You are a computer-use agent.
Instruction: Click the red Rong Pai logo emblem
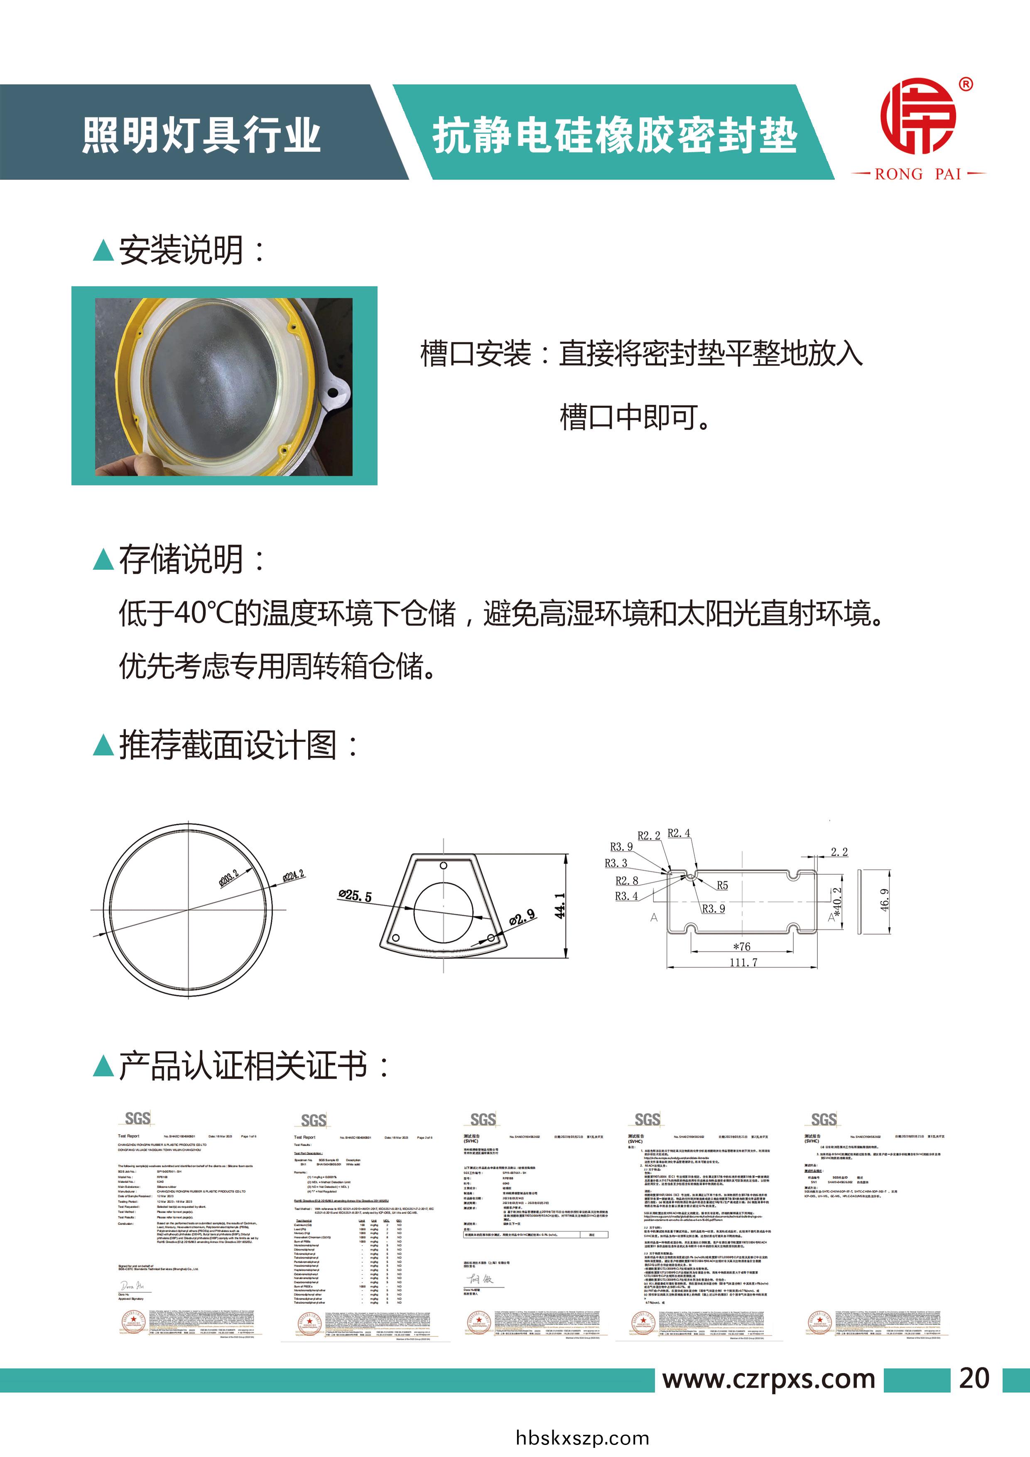(x=918, y=116)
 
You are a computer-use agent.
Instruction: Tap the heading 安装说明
(x=181, y=251)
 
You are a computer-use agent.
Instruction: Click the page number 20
(x=974, y=1379)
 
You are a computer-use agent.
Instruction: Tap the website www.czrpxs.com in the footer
(x=768, y=1379)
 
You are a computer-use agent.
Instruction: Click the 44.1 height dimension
(x=560, y=905)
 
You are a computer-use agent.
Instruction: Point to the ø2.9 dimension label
(x=522, y=917)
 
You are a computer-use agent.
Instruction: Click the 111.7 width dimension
(x=743, y=963)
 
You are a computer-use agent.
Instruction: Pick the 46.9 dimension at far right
(x=885, y=900)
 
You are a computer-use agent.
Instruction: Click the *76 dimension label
(x=741, y=946)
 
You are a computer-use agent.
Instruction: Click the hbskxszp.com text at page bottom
(x=582, y=1438)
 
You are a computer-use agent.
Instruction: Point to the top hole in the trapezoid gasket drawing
(x=444, y=866)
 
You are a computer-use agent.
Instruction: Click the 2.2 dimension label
(x=839, y=851)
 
